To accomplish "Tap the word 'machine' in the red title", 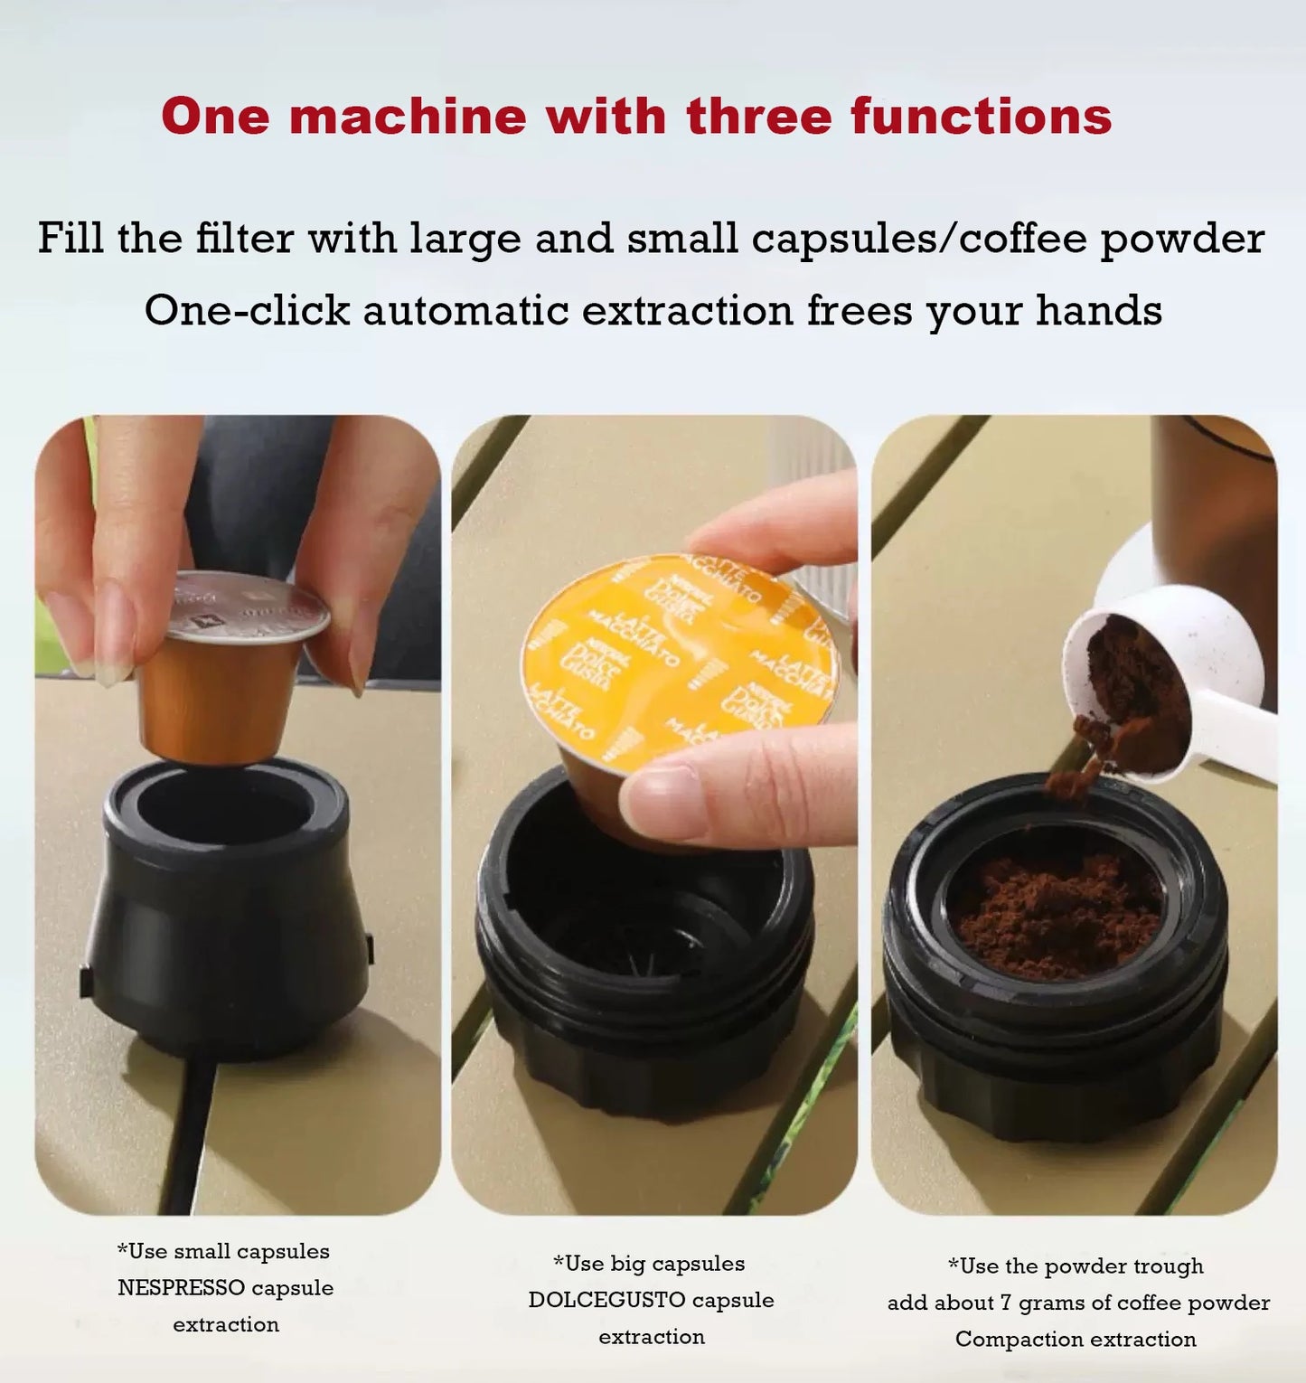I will (407, 117).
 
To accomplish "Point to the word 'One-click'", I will (246, 311).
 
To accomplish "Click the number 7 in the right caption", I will (1004, 1303).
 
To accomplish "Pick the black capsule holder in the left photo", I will (226, 913).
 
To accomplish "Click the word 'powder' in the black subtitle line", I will (1181, 239).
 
